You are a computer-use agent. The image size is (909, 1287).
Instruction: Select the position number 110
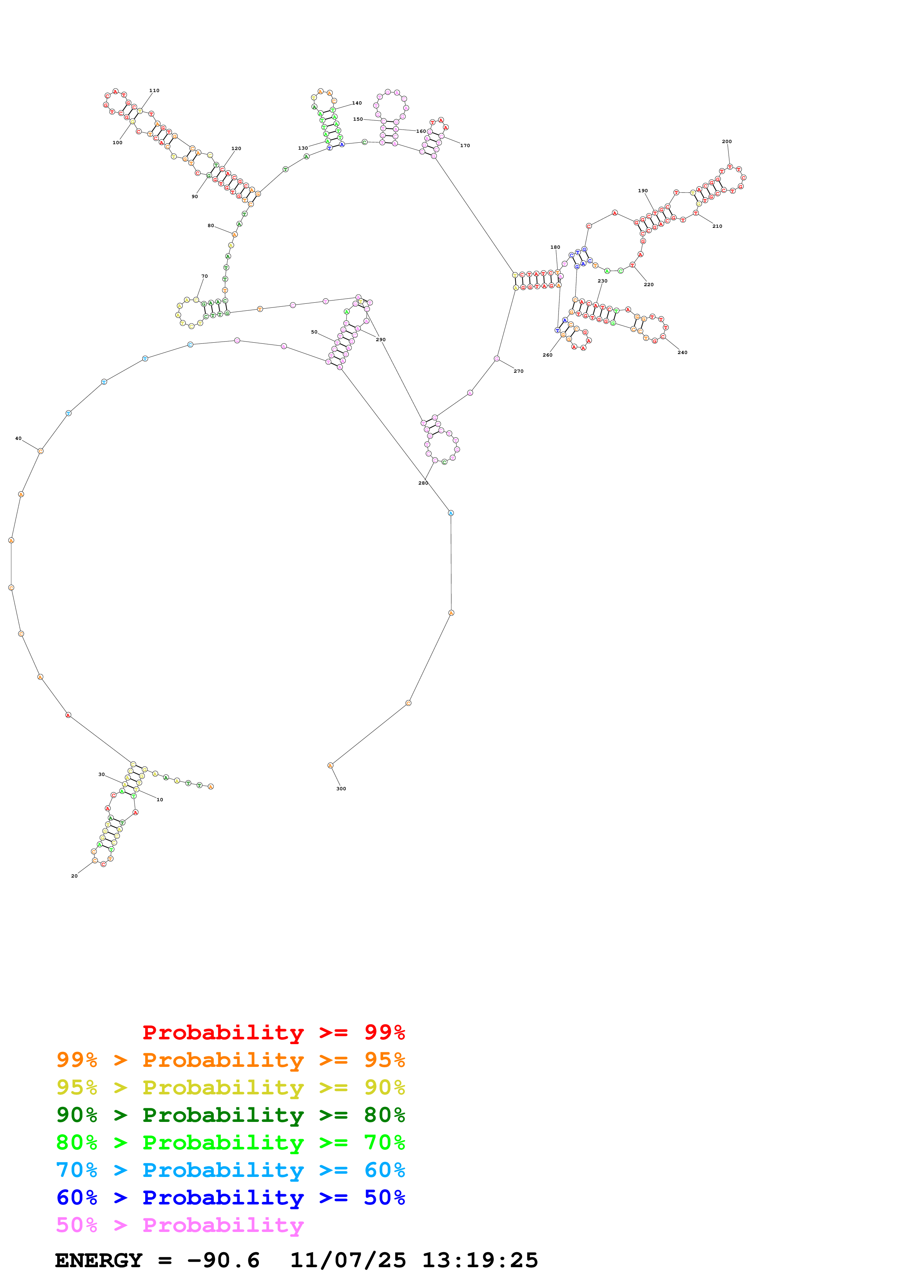[x=154, y=90]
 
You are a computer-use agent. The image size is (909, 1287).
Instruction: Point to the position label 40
[x=18, y=438]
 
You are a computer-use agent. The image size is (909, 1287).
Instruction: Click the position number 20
[x=74, y=876]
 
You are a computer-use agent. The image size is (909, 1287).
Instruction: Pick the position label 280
[x=423, y=483]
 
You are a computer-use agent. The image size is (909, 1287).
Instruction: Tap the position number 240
[x=682, y=352]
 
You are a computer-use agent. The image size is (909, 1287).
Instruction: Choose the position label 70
[x=205, y=276]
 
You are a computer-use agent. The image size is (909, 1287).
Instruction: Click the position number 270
[x=518, y=371]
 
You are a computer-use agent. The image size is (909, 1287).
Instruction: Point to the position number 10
[x=160, y=799]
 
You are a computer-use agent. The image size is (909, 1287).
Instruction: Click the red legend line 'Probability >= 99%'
[x=273, y=1032]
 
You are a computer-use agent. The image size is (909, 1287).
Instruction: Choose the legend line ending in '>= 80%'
[x=230, y=1115]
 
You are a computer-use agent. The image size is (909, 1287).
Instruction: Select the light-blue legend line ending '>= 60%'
[x=230, y=1170]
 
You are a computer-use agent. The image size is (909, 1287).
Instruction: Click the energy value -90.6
[x=223, y=1260]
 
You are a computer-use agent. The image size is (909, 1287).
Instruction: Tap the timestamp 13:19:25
[x=480, y=1260]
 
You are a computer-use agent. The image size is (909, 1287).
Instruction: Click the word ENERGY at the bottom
[x=99, y=1260]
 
